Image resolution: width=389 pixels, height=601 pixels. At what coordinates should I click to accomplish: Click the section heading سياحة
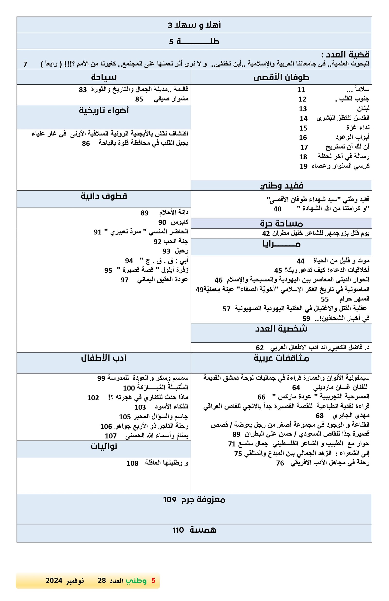click(104, 77)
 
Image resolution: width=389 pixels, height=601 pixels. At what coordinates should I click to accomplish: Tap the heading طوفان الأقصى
click(281, 77)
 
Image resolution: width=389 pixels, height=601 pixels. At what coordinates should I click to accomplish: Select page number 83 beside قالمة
click(83, 90)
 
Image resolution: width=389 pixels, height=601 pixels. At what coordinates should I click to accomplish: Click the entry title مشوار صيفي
click(171, 99)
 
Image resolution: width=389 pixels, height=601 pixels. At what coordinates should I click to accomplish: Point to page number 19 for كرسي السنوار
click(303, 166)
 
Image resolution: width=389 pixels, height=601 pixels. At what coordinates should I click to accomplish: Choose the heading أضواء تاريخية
click(104, 111)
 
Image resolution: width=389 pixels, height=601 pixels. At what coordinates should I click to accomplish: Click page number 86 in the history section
click(86, 144)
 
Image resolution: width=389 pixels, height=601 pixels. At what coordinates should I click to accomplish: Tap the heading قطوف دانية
click(104, 196)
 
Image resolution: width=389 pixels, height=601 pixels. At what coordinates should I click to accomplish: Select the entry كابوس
click(179, 222)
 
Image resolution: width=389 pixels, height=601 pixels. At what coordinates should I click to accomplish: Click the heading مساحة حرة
click(281, 224)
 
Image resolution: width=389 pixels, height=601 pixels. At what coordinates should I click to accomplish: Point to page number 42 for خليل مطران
click(266, 233)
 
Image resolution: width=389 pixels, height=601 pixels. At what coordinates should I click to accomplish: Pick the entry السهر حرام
click(354, 299)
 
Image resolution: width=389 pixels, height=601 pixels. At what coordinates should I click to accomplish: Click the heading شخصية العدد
click(281, 329)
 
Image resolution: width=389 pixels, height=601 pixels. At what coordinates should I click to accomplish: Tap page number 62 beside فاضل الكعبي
click(259, 348)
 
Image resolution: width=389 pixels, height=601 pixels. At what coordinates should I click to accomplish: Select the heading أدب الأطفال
click(104, 358)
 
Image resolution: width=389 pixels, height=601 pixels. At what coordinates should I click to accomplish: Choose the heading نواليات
click(104, 446)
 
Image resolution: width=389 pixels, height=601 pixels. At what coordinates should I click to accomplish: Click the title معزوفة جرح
click(203, 500)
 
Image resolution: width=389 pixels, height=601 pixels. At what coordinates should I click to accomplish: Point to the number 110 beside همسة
click(178, 530)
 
